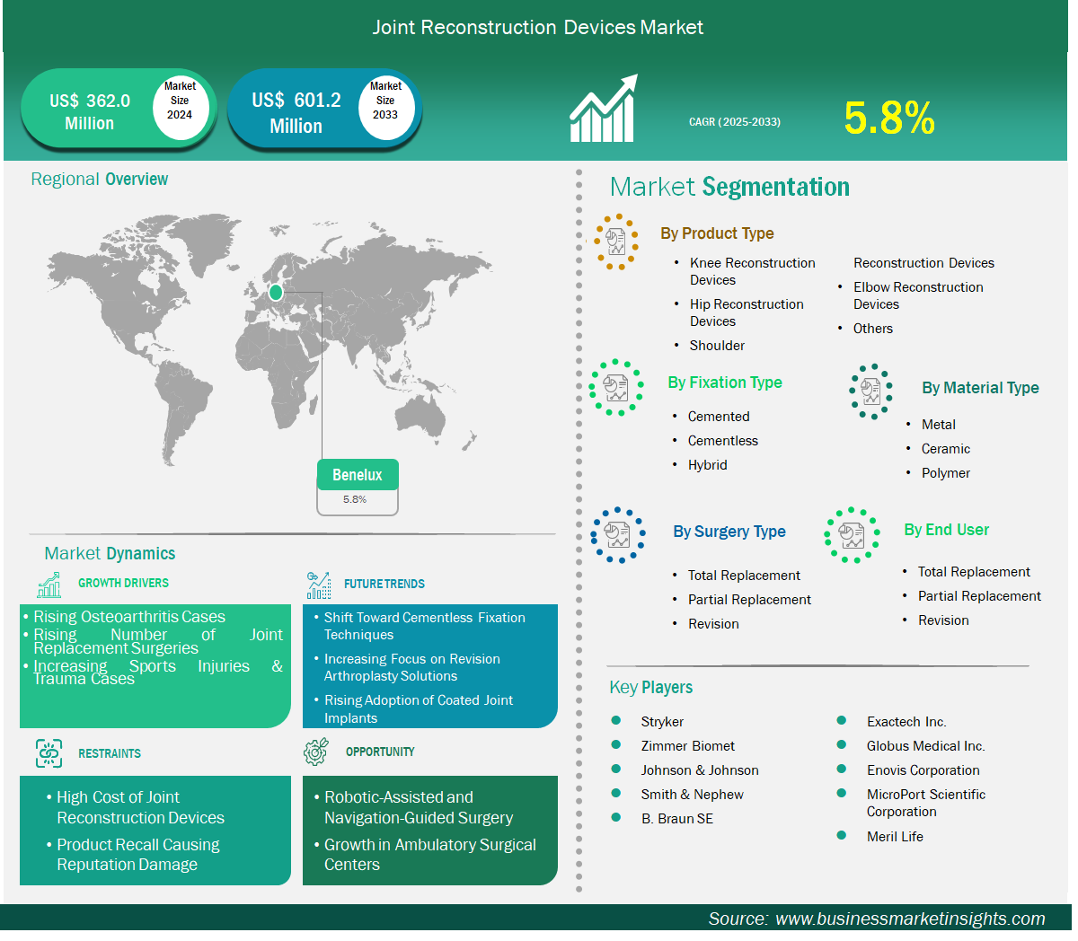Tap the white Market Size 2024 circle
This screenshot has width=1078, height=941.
point(181,107)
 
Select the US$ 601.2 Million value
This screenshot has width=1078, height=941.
point(296,113)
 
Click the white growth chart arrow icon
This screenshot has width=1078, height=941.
point(604,109)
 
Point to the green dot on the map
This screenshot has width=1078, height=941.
point(276,292)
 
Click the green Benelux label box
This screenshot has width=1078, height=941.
point(358,474)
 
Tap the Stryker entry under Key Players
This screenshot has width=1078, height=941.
point(662,721)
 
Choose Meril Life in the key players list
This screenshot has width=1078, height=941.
point(895,836)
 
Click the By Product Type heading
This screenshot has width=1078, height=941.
point(717,233)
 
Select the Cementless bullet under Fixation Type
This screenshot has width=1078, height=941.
point(722,441)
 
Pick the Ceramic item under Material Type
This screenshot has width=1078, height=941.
point(945,449)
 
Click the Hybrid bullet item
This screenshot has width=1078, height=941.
point(707,465)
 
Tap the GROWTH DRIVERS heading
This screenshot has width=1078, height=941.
point(123,583)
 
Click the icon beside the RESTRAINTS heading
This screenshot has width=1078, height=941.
point(49,753)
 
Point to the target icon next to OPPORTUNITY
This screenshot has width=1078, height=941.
point(315,752)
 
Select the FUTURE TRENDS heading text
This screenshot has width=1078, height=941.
point(384,584)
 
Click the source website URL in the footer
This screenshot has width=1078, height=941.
point(910,919)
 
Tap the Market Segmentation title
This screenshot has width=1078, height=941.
point(729,187)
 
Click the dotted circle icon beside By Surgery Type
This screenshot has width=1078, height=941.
point(618,535)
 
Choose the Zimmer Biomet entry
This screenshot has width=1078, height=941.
point(687,745)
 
